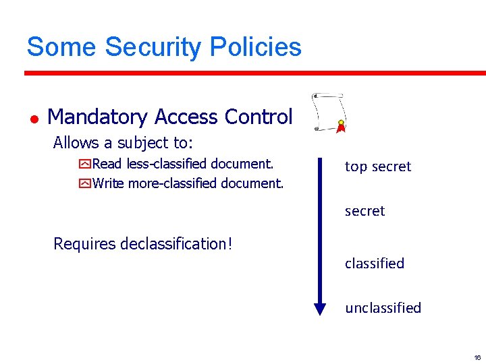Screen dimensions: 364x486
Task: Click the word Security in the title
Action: (153, 47)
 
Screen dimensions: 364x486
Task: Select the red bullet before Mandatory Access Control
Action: (33, 119)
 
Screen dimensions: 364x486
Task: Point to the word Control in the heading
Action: (259, 117)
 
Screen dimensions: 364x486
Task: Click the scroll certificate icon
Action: (327, 112)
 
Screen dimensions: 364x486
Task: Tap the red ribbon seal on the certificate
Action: (341, 126)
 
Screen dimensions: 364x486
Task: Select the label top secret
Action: (377, 166)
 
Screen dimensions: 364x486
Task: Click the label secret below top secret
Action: (364, 211)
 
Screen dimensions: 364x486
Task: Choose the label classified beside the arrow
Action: (374, 264)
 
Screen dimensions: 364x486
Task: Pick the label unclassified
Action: (383, 308)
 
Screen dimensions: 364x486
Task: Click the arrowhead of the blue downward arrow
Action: (321, 309)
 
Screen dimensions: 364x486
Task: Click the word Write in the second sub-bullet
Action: (109, 183)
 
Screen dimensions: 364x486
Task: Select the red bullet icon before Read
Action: (85, 164)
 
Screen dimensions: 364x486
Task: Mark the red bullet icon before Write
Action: (85, 183)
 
